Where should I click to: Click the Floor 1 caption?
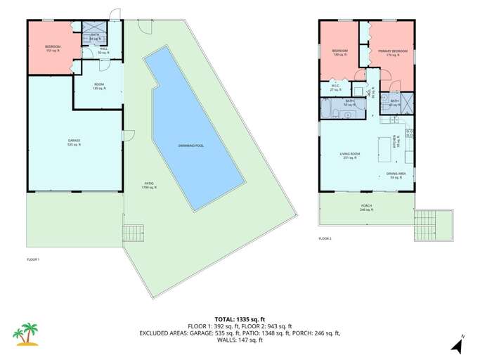click(33, 260)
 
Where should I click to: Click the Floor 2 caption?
click(325, 239)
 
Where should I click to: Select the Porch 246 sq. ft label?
click(366, 208)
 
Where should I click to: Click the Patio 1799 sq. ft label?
click(149, 185)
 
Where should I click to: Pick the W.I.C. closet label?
click(335, 89)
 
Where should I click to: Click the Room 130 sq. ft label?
click(100, 88)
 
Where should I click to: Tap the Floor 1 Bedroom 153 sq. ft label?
click(53, 48)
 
